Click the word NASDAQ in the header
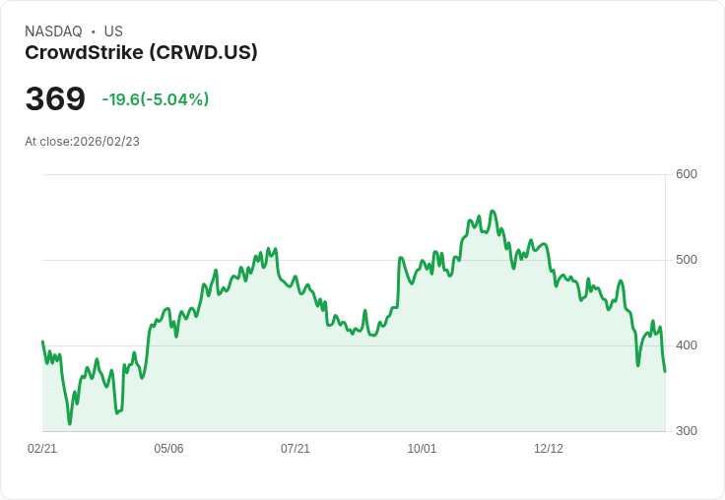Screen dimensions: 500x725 point(53,31)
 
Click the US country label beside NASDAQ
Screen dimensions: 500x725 point(113,31)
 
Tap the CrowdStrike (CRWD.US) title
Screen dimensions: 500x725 point(141,53)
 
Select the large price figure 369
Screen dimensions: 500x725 point(55,99)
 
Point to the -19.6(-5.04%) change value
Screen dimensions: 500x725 point(156,99)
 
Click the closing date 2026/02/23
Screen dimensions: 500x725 point(106,142)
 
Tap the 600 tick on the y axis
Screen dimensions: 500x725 point(687,174)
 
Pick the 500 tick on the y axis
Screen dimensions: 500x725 point(687,260)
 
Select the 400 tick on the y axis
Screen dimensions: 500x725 point(687,345)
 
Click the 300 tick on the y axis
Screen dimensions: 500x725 point(687,431)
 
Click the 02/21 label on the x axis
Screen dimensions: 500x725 point(42,449)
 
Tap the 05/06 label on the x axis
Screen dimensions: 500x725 point(168,449)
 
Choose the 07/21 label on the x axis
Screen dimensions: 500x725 point(296,449)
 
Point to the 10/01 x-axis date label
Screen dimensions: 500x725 point(422,449)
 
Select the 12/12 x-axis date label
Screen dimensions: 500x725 point(549,449)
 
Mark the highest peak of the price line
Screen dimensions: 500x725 point(493,211)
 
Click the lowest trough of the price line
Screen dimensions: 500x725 point(70,423)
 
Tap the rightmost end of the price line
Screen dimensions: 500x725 point(665,371)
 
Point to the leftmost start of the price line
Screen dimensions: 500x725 point(42,342)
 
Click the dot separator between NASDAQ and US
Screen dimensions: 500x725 point(94,31)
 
